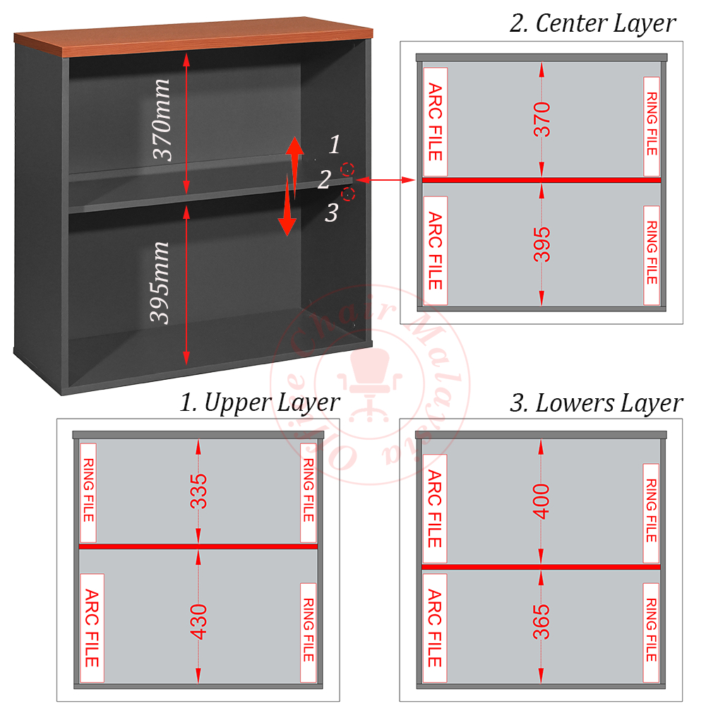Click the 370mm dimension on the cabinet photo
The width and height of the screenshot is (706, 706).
(x=162, y=120)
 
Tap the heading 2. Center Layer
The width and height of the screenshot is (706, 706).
(x=592, y=23)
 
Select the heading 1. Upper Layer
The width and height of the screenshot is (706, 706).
(x=259, y=402)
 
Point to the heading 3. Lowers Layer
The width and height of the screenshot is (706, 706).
(x=596, y=403)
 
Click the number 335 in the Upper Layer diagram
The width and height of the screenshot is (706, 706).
(x=199, y=491)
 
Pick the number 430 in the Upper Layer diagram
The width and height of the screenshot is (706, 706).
(x=199, y=621)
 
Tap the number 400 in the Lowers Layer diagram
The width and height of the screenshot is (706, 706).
(x=542, y=501)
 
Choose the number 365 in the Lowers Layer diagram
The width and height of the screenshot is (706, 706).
(x=542, y=621)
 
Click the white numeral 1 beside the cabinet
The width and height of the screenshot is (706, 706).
(x=335, y=145)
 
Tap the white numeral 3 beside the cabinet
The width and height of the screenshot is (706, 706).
(x=332, y=212)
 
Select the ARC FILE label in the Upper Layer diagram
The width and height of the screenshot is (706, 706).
(x=92, y=628)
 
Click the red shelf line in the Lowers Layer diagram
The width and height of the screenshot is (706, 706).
(x=542, y=566)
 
